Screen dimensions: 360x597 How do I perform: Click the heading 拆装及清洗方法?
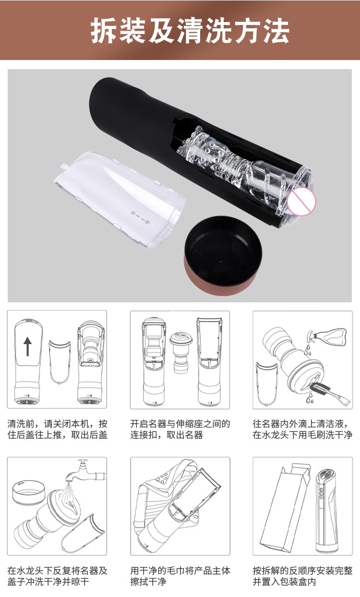coord(190,31)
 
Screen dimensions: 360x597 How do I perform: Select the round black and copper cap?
coord(223,256)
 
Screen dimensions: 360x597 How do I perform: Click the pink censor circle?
coord(301,201)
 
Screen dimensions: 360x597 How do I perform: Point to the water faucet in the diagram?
coord(85,471)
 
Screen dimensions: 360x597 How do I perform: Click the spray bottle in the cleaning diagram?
coord(327,336)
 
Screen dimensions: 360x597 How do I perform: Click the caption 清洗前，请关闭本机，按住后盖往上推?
coord(57,429)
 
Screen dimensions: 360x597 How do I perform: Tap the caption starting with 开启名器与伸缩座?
coord(180,429)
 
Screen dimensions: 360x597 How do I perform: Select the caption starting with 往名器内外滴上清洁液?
coord(302,429)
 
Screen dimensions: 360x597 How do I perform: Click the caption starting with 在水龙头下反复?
coord(57,576)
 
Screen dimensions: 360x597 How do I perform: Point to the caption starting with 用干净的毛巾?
coord(180,576)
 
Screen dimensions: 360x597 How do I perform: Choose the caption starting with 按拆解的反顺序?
coord(302,576)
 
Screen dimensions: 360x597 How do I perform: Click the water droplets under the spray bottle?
coord(308,349)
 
